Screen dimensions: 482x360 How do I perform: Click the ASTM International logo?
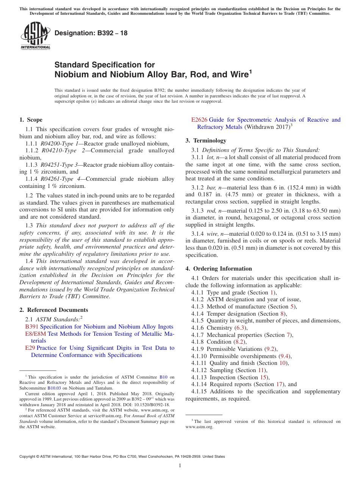coord(35,36)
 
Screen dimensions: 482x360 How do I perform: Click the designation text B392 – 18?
coord(91,33)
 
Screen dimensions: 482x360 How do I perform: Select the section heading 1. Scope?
coord(31,120)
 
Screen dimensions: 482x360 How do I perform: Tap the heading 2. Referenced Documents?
coord(53,310)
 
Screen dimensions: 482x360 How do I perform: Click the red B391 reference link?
coord(32,327)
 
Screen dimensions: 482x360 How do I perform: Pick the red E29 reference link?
coord(30,348)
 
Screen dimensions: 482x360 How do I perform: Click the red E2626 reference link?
coord(199,120)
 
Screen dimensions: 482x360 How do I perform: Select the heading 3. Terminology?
coord(206,141)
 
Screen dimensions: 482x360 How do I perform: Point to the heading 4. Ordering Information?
coord(219,269)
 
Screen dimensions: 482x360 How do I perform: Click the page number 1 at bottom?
coord(180,465)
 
